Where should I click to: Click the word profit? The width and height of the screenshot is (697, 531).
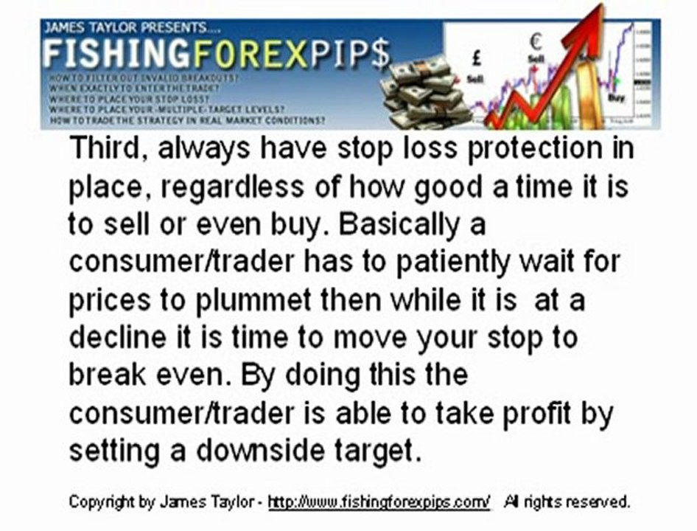(x=536, y=413)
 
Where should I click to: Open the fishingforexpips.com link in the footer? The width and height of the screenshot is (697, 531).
(x=379, y=502)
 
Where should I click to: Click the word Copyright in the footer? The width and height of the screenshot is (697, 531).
(x=102, y=502)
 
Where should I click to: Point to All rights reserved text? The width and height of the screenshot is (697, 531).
(x=567, y=502)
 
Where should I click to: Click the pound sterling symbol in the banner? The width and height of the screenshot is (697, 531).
(x=477, y=55)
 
